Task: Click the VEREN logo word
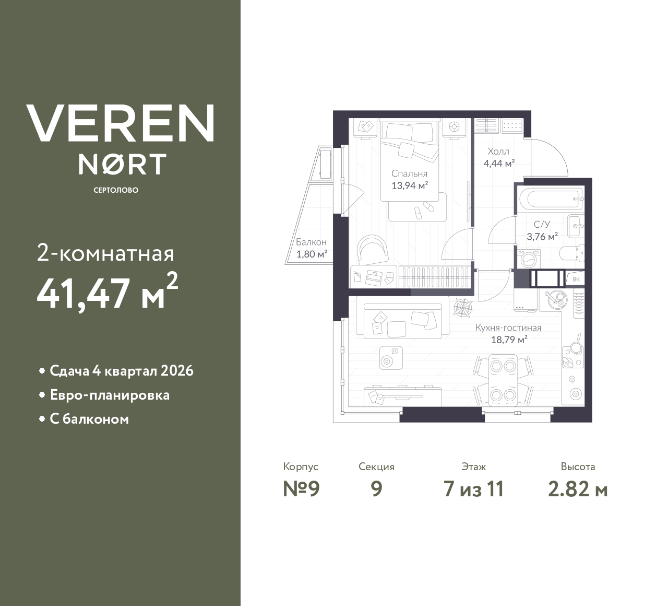[120, 123]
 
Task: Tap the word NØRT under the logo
[122, 164]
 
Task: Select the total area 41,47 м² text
[107, 293]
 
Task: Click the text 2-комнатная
[105, 254]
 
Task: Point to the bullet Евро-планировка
[110, 395]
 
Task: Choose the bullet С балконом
[89, 419]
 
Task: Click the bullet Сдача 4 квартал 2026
[121, 371]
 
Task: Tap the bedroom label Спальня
[410, 173]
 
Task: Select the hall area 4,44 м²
[499, 163]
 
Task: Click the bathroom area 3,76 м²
[542, 236]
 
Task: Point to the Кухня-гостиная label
[508, 328]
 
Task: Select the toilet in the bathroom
[572, 254]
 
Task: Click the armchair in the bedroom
[373, 250]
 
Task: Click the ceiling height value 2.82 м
[578, 490]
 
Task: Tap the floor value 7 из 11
[473, 490]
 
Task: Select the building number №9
[301, 490]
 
